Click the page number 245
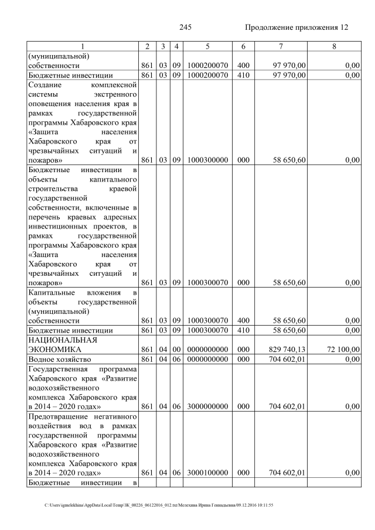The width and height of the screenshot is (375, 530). [x=186, y=28]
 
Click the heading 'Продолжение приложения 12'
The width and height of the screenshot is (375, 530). [x=296, y=28]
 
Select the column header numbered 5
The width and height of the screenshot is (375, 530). [x=208, y=46]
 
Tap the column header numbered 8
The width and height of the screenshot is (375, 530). [x=333, y=46]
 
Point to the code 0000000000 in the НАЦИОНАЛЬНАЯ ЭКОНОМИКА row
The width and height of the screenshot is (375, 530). [x=208, y=349]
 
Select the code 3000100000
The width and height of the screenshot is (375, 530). [x=208, y=472]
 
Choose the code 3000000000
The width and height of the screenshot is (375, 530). [x=208, y=406]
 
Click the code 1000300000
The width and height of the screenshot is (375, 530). [x=208, y=160]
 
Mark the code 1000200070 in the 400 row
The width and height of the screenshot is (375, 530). [x=208, y=66]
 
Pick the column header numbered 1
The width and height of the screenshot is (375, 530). [x=83, y=46]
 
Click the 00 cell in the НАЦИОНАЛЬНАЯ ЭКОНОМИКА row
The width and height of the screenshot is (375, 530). [x=176, y=349]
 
